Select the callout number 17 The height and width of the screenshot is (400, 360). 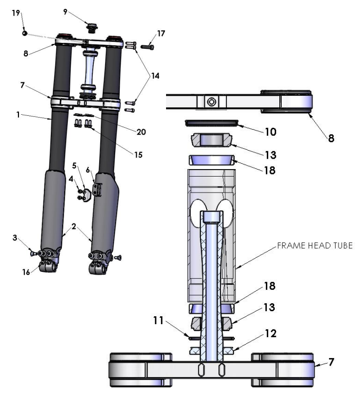161,34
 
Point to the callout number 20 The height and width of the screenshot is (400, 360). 141,132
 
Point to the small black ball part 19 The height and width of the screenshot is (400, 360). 24,33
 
